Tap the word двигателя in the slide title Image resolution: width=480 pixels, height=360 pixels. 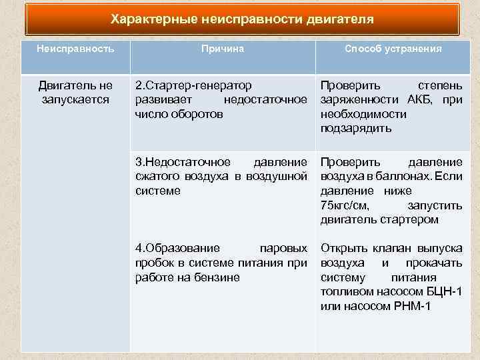[x=340, y=19]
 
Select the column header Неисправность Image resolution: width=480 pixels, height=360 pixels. [x=75, y=49]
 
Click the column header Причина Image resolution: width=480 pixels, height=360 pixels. [x=223, y=49]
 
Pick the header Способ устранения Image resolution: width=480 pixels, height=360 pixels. [x=393, y=49]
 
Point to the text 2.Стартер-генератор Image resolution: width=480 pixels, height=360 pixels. [x=193, y=86]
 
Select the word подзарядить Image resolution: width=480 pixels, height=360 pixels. [x=356, y=128]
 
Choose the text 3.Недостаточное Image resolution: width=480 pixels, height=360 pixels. [x=183, y=162]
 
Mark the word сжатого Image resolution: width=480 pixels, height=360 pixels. [x=156, y=176]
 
